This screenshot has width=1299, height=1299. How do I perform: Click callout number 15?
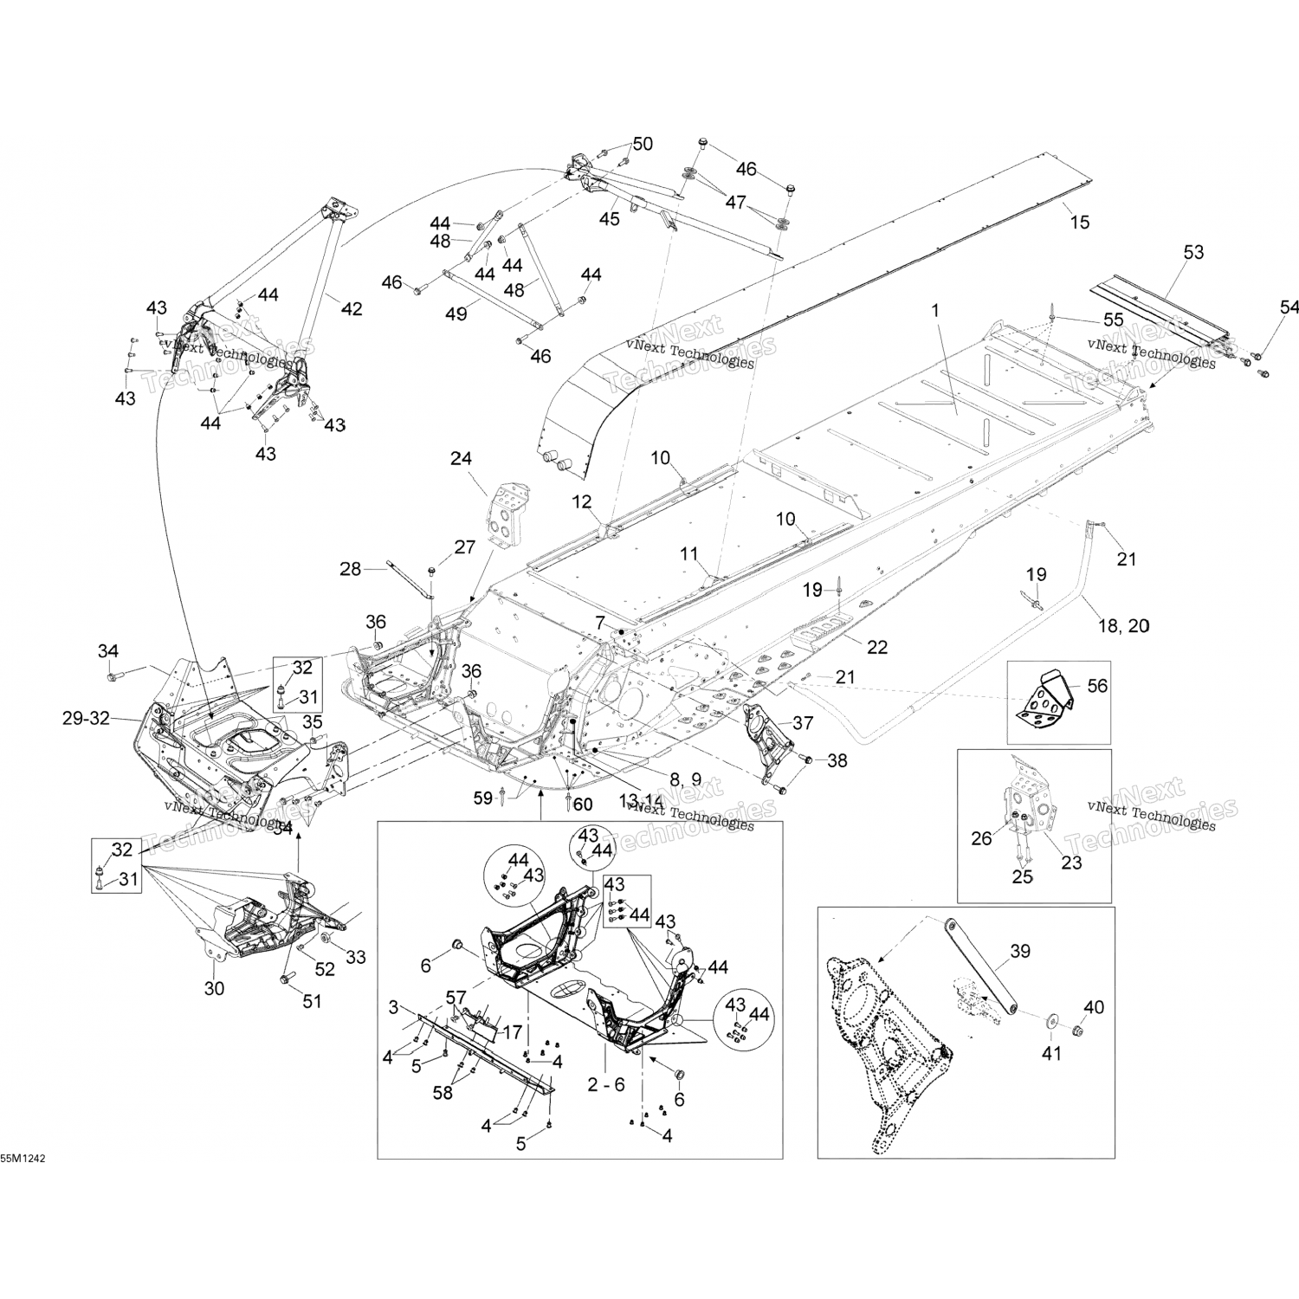(1079, 222)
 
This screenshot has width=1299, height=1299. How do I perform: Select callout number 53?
(1193, 253)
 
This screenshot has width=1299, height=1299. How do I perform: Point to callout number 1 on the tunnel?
(934, 309)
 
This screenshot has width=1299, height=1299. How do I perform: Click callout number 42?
(352, 308)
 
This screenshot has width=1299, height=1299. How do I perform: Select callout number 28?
(350, 568)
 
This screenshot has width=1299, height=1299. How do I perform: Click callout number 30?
(214, 987)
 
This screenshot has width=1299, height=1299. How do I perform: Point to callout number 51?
(311, 1001)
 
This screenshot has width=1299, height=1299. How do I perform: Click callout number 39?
(1020, 952)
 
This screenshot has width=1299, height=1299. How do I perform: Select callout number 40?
(1094, 1007)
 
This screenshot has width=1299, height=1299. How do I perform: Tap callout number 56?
(1097, 686)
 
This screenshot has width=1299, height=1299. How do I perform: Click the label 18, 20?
(1124, 626)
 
